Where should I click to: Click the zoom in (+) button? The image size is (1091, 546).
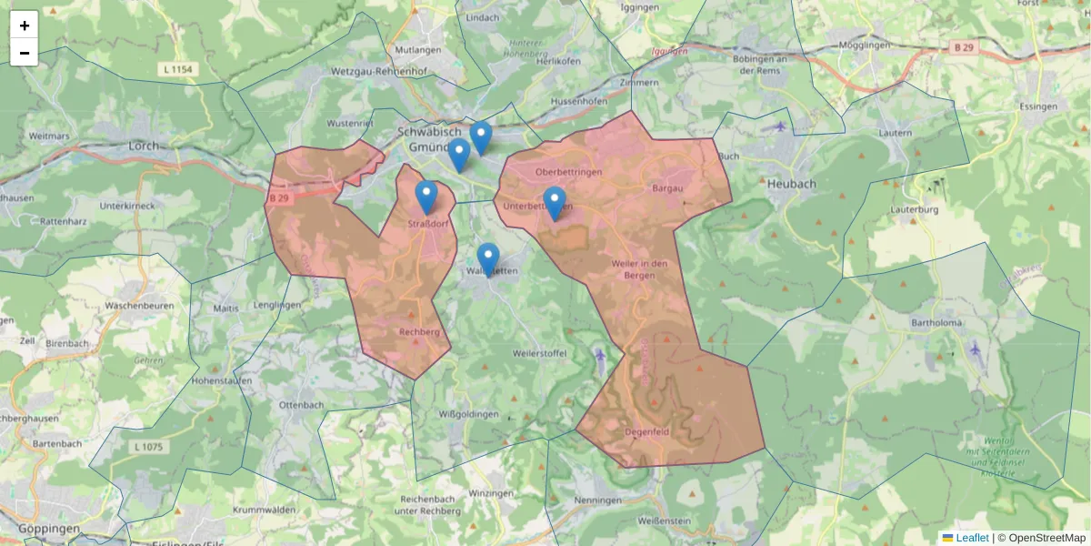(24, 25)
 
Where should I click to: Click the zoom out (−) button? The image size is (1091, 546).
(24, 53)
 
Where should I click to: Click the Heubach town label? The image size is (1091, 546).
(791, 183)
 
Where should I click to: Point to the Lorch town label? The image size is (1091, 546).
(144, 145)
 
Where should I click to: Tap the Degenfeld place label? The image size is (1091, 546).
(647, 431)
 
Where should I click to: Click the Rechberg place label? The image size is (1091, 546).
(419, 332)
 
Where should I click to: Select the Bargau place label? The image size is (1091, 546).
(666, 188)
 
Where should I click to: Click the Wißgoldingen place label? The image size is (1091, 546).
(468, 414)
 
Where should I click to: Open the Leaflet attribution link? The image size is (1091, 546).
(971, 538)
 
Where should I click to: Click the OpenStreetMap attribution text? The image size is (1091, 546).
(1046, 538)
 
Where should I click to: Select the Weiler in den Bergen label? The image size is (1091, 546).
(641, 269)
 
